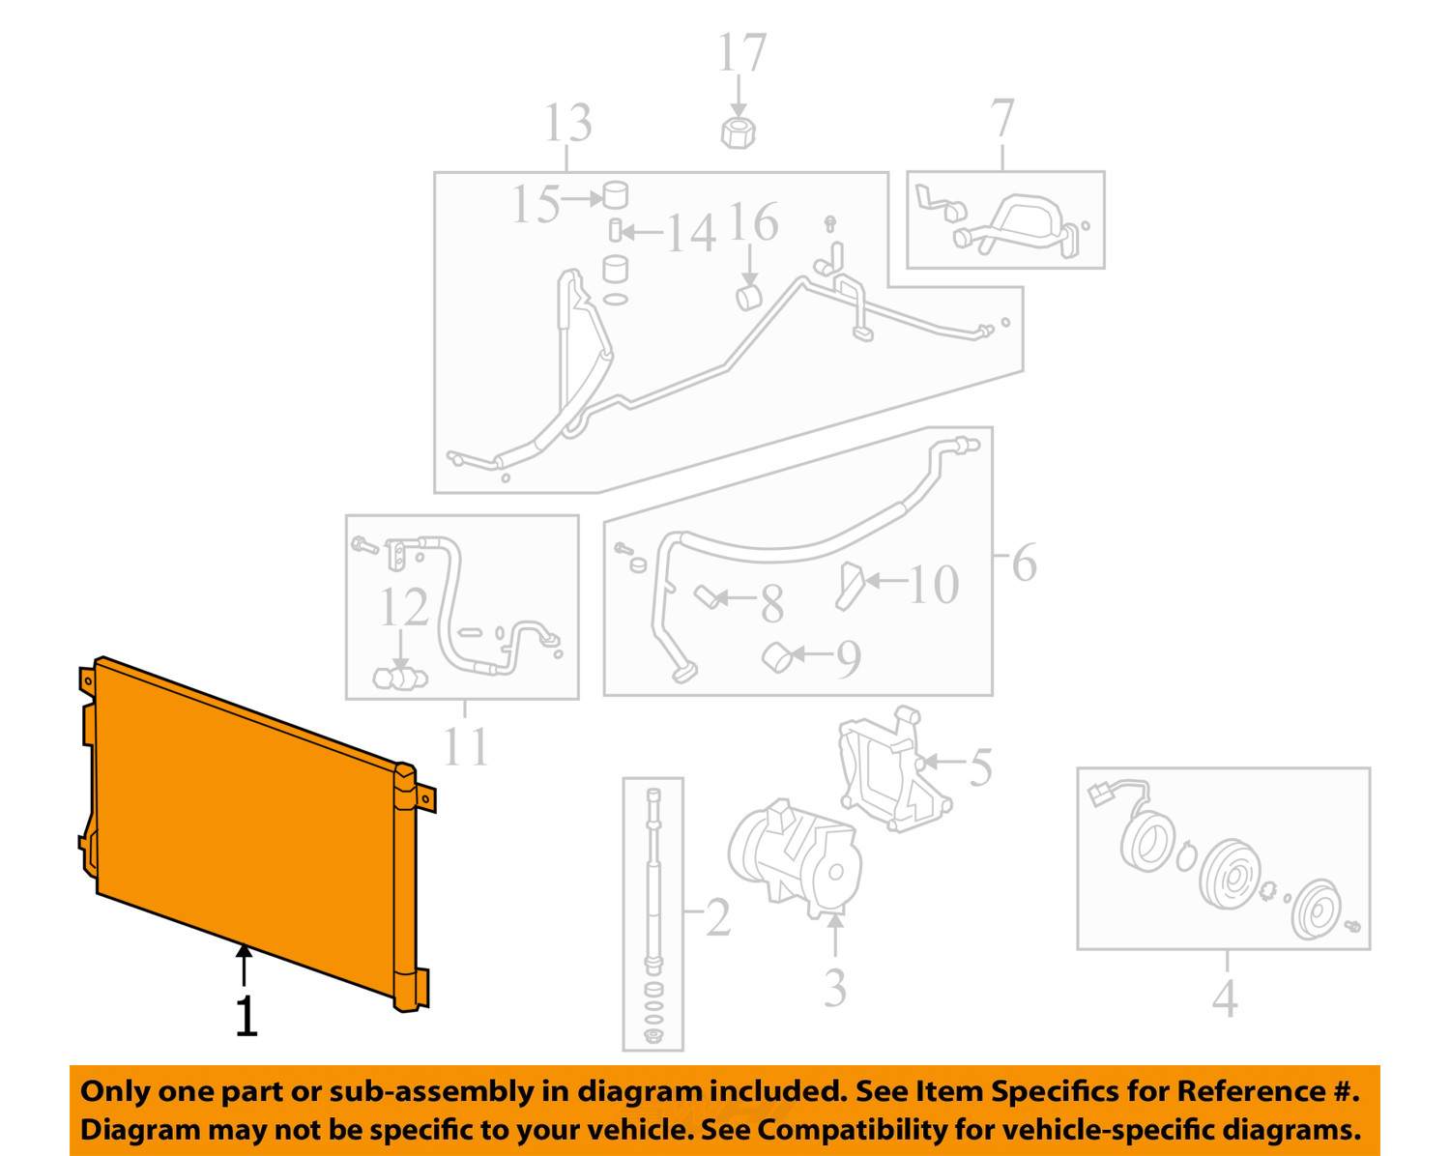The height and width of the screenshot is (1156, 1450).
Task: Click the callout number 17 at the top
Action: pos(741,52)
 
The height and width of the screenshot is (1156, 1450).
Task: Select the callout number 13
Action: pos(568,124)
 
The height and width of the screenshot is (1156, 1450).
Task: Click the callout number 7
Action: pos(1002,118)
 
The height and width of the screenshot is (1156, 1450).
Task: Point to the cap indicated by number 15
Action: pos(615,195)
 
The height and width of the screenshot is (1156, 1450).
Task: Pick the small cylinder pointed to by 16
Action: pos(748,298)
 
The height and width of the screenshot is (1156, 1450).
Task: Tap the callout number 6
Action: pos(1024,563)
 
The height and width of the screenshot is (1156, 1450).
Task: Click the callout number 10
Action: pos(934,585)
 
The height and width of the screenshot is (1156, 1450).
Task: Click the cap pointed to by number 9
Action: pos(777,657)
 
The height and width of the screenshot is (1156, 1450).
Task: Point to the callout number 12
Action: pos(404,608)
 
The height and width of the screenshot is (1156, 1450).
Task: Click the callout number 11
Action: pos(466,747)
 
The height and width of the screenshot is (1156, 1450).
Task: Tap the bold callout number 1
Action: pos(246,1016)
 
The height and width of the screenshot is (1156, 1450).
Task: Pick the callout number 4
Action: pos(1225,998)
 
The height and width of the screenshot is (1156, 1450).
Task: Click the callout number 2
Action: pos(718,917)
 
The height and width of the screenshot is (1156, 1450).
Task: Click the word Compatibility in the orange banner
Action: pos(852,1130)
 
